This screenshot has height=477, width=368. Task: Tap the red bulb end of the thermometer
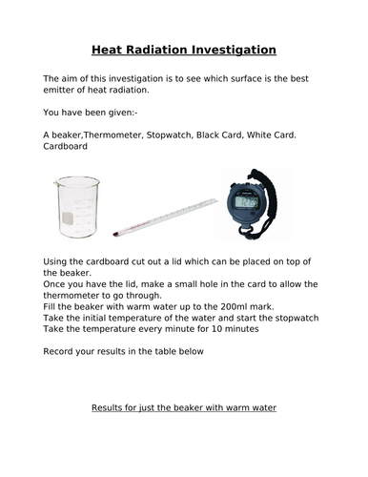pos(113,232)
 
